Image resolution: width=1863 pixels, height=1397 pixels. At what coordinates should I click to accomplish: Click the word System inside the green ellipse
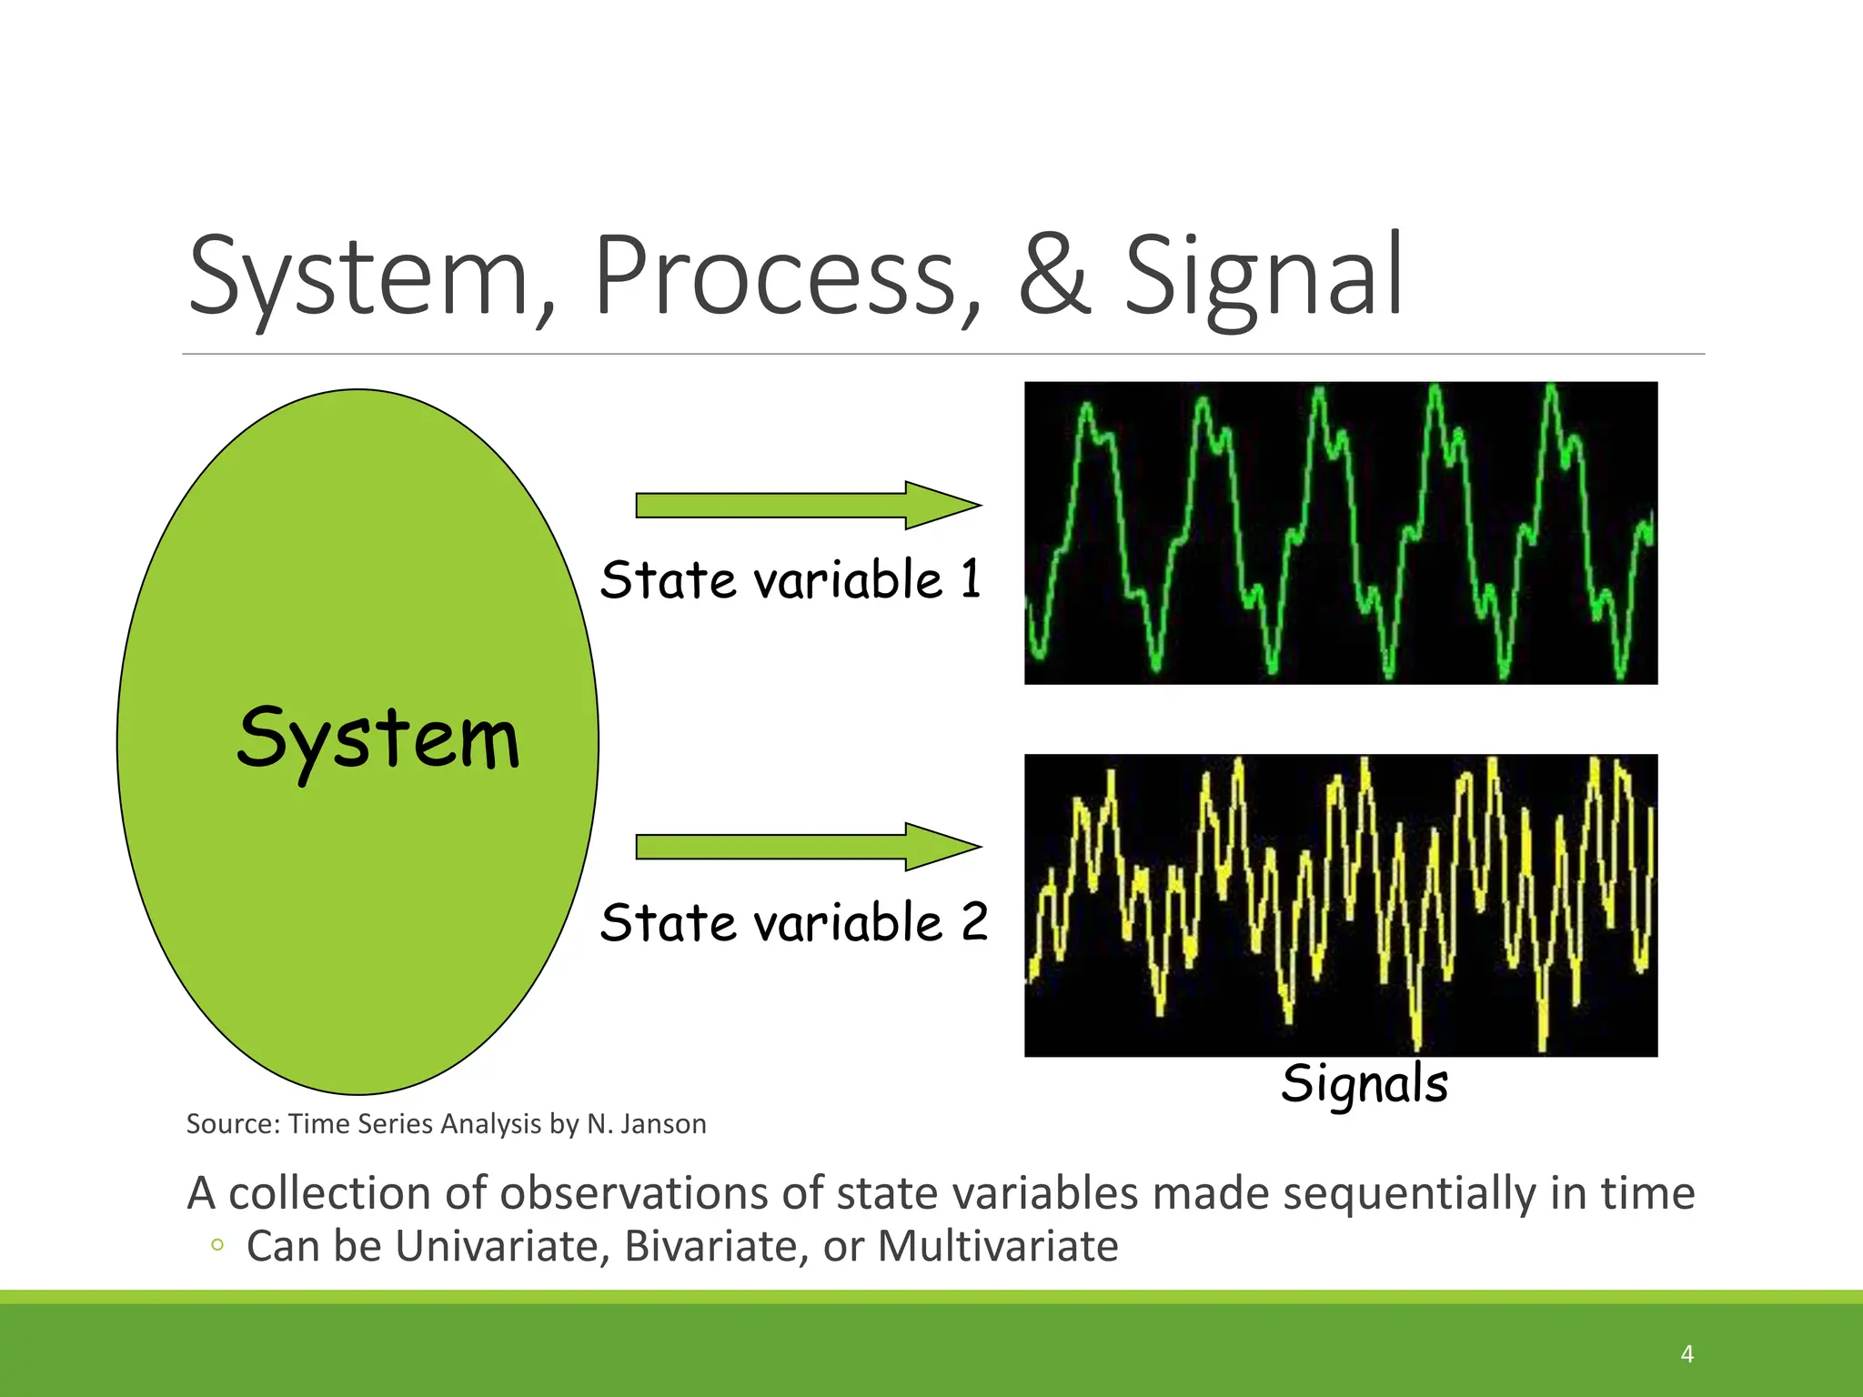pyautogui.click(x=378, y=739)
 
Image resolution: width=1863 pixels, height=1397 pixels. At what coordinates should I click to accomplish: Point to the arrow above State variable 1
pyautogui.click(x=807, y=505)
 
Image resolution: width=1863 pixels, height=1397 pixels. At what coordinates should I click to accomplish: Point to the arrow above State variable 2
pyautogui.click(x=807, y=847)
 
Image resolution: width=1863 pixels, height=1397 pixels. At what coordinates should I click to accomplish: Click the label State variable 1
pyautogui.click(x=791, y=579)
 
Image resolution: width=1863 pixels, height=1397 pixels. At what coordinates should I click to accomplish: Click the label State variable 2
pyautogui.click(x=793, y=922)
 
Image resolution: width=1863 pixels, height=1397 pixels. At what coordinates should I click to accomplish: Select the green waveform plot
pyautogui.click(x=1340, y=533)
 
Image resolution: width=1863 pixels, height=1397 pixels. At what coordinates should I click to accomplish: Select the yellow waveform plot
pyautogui.click(x=1340, y=905)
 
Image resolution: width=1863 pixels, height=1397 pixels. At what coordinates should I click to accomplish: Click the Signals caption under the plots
pyautogui.click(x=1364, y=1084)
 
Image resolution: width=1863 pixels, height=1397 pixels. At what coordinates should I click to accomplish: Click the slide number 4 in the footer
pyautogui.click(x=1687, y=1354)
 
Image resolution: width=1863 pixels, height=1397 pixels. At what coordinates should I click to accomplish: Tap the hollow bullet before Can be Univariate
pyautogui.click(x=217, y=1245)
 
